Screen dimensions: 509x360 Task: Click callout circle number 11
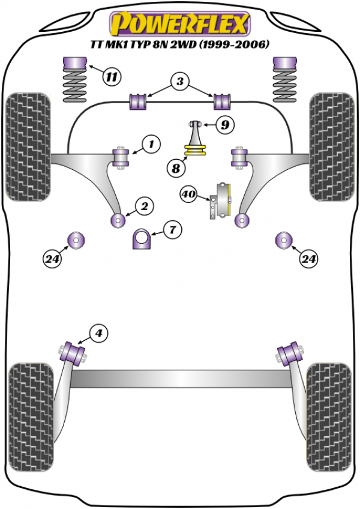(x=111, y=76)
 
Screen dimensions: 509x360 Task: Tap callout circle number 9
(x=224, y=125)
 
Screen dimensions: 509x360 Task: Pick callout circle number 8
(x=176, y=169)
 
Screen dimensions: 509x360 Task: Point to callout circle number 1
(x=151, y=144)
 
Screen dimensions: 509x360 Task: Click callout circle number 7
(x=172, y=229)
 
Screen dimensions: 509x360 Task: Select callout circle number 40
(x=188, y=194)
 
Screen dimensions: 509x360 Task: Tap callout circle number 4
(x=98, y=332)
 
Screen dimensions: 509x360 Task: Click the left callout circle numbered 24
(x=52, y=259)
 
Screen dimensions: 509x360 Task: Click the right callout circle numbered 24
(x=309, y=259)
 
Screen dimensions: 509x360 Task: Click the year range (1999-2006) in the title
(x=235, y=44)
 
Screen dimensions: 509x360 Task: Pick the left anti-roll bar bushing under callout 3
(x=139, y=102)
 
